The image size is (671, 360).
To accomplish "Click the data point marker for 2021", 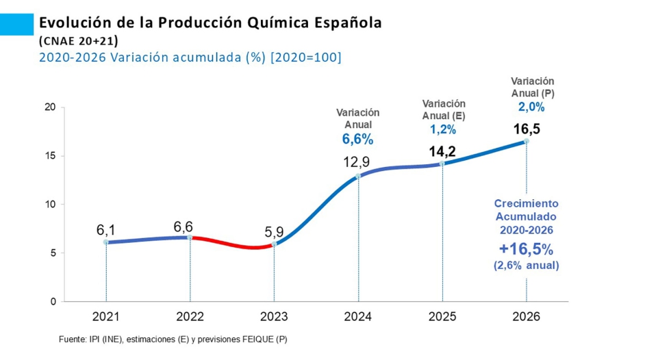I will pos(105,242).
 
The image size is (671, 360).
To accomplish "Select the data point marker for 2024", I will pos(358,176).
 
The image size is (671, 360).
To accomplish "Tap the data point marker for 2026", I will pos(526,141).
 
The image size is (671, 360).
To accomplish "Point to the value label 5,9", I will pos(275,232).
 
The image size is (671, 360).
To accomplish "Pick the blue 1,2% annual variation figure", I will pos(442,129).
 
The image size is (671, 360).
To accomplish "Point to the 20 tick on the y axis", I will pos(49,107).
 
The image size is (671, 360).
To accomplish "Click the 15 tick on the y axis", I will pos(49,155).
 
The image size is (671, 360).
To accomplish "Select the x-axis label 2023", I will pos(274,317).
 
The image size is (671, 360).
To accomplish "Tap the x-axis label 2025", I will pos(442,317).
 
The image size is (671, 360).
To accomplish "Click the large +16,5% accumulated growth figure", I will pos(526,248).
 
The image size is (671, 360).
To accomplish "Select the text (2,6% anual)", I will pos(526,266).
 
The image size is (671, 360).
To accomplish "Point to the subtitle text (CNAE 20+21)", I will pos(79,40).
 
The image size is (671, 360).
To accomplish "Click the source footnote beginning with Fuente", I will pos(173,339).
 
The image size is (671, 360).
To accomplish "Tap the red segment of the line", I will pos(233,244).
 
